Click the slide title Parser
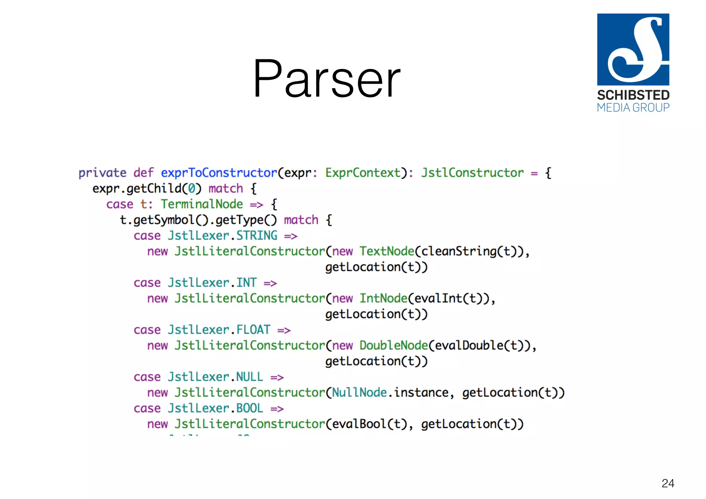point(326,79)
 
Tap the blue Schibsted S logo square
point(633,49)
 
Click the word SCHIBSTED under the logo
point(633,95)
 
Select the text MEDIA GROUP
point(633,108)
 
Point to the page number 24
point(668,483)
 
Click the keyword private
point(102,173)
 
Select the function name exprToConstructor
point(219,173)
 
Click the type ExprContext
point(363,173)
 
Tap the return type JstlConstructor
point(472,173)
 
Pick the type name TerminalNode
point(202,204)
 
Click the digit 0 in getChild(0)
point(192,189)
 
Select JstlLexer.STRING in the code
point(223,236)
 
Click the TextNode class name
point(387,251)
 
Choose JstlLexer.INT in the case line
point(212,283)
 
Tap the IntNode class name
point(383,298)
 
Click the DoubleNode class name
point(394,345)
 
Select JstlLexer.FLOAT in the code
point(219,330)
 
